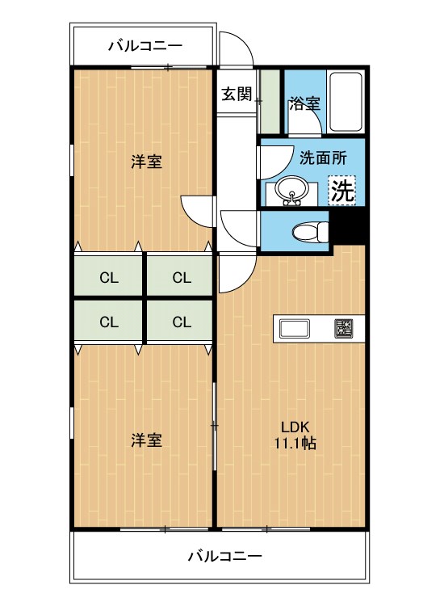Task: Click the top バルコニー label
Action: pos(145,47)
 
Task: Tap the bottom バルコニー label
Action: pos(225,556)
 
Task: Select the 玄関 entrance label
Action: pos(237,94)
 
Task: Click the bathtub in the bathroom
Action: pos(347,103)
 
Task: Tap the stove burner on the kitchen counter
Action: pos(344,329)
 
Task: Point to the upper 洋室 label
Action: pos(147,162)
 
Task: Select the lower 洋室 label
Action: pos(147,440)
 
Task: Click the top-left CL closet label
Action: pos(109,278)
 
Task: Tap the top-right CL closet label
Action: pos(181,278)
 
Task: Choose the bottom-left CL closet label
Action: pos(109,322)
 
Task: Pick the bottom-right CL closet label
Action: pos(181,322)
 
